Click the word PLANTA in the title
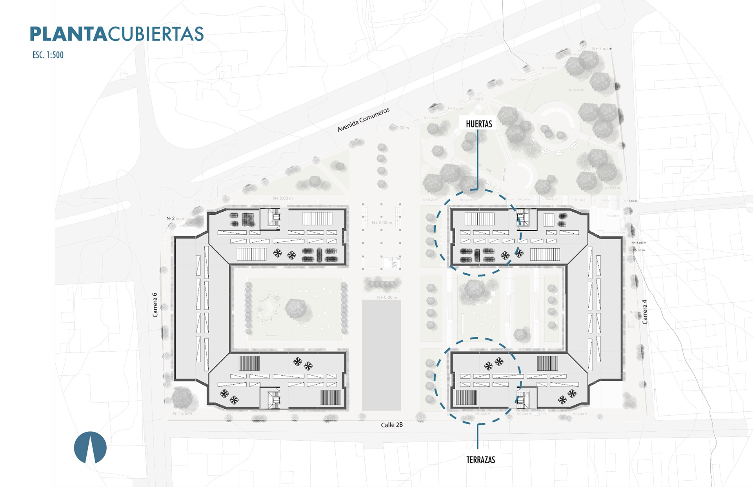pos(68,34)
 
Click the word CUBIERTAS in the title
pos(156,34)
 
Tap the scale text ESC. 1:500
pos(48,55)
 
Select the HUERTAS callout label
pos(479,124)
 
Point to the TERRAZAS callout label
pos(480,460)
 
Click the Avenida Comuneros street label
pos(364,120)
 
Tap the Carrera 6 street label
pos(155,305)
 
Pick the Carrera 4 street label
pos(644,312)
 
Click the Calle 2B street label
pos(392,425)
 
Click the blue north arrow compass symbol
pos(90,447)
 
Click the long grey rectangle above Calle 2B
pos(381,355)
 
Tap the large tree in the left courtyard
pos(296,308)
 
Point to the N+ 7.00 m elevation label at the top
pos(602,49)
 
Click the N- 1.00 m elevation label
pos(182,413)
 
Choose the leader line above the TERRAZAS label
pos(478,436)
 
